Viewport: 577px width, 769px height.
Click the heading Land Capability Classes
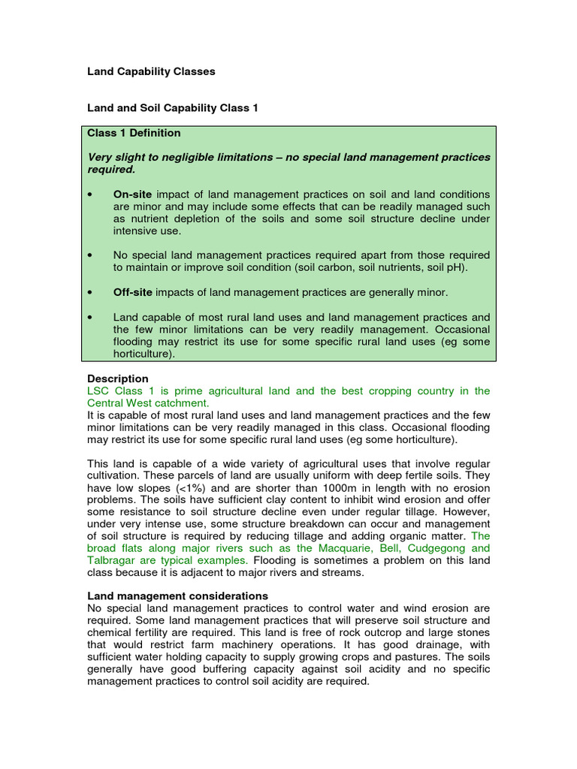151,71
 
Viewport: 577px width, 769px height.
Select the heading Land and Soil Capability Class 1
173,108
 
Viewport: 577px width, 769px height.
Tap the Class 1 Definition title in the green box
134,133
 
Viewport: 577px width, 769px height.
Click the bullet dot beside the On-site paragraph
91,195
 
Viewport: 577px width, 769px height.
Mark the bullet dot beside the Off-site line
91,291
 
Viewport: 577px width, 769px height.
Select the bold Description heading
118,378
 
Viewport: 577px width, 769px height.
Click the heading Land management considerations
177,596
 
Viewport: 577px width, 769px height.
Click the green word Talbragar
113,560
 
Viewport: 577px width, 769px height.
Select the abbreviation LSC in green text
100,391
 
